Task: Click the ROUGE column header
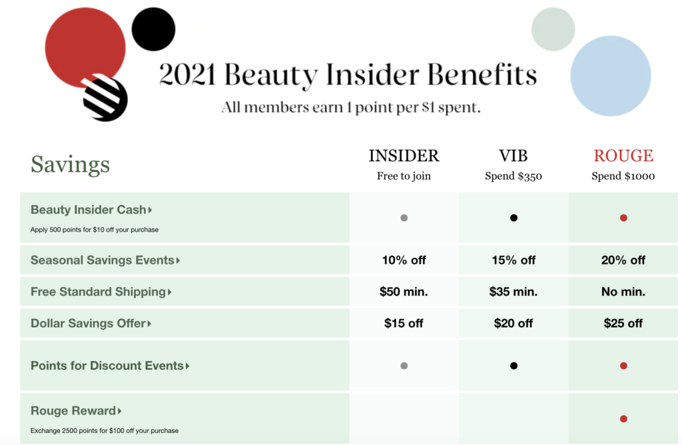(x=623, y=156)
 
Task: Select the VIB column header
(x=513, y=156)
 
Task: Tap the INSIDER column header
(x=404, y=156)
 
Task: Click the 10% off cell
(x=404, y=260)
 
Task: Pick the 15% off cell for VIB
(x=513, y=260)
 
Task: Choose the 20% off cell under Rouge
(x=623, y=260)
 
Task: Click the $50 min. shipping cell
(x=404, y=291)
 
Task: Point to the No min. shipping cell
(x=623, y=291)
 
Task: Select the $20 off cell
(x=513, y=323)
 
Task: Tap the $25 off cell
(x=623, y=323)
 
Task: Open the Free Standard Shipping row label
(x=101, y=291)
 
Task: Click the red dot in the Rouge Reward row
(x=623, y=419)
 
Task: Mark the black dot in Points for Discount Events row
(x=513, y=366)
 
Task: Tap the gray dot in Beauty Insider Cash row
(x=404, y=218)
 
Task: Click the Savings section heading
(x=70, y=164)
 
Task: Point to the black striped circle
(x=105, y=99)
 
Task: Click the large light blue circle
(x=611, y=76)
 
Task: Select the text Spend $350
(x=513, y=176)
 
